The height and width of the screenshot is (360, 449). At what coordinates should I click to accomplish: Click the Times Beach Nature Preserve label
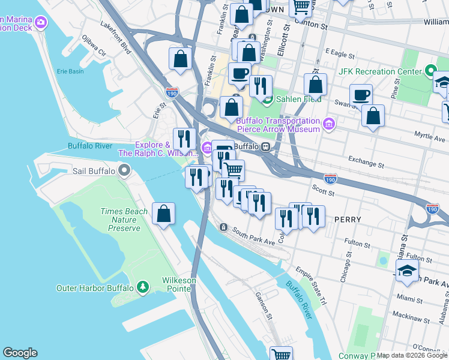coord(120,220)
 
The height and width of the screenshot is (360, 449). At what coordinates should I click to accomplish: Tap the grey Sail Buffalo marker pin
coord(124,171)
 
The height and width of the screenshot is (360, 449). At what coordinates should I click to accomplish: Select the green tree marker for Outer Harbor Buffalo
coord(142,287)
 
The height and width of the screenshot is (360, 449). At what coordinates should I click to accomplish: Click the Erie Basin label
coord(70,71)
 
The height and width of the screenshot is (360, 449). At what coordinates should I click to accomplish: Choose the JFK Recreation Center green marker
coord(430,71)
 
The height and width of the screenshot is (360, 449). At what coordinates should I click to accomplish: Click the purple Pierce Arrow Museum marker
coord(328,124)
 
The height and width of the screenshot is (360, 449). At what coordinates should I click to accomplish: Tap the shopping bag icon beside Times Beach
coord(163,214)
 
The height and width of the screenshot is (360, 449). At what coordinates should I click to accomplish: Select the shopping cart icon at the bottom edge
coord(280,354)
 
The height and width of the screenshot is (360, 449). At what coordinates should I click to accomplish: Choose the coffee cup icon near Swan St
coord(361,95)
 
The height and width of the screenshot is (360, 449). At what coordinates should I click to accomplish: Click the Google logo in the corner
coord(20,353)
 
